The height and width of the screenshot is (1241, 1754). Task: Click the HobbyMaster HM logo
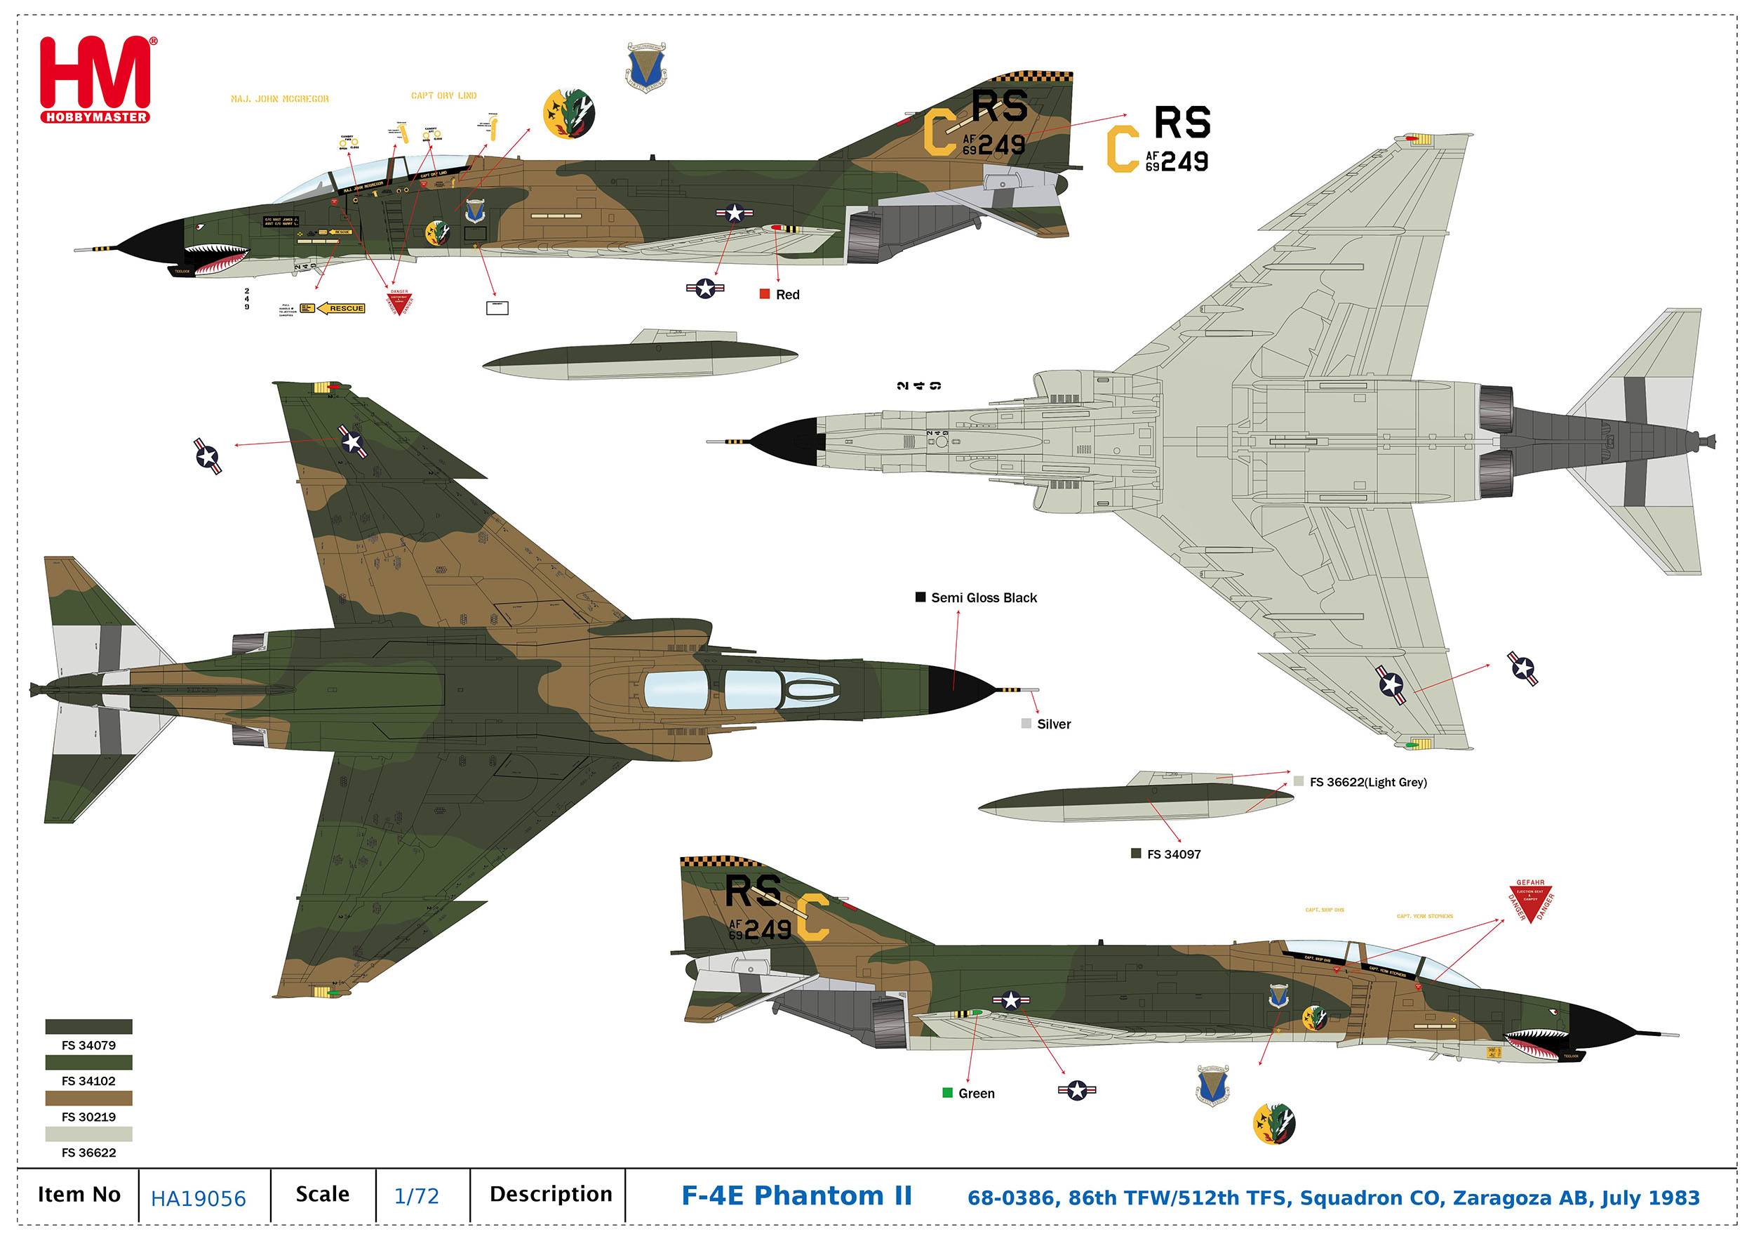95,79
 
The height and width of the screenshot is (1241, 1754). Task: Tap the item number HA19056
199,1197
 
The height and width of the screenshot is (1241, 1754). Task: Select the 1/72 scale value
416,1196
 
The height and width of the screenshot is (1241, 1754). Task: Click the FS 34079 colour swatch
88,1026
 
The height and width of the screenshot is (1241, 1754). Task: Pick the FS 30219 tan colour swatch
88,1098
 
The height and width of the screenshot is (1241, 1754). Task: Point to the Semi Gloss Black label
983,597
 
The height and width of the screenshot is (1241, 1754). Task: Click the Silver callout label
1054,724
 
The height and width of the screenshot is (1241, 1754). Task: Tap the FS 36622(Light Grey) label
1367,782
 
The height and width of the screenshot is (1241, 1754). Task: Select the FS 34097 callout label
1173,854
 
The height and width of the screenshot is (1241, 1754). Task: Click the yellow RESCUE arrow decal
342,308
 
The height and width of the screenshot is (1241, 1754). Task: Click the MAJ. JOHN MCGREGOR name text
280,98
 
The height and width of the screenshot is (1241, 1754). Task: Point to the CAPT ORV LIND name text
444,95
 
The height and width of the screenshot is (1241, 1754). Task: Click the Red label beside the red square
787,294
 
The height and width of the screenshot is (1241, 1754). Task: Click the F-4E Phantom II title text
796,1196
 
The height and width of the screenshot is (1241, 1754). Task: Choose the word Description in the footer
551,1195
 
